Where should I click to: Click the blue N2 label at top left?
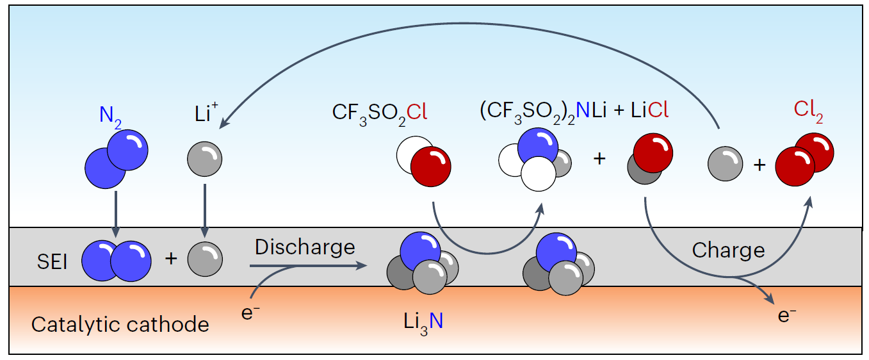pyautogui.click(x=110, y=116)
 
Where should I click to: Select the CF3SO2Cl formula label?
pyautogui.click(x=379, y=113)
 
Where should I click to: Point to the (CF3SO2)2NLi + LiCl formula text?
pyautogui.click(x=574, y=111)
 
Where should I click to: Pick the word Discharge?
pyautogui.click(x=305, y=247)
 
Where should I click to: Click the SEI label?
pyautogui.click(x=53, y=261)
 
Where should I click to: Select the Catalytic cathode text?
pyautogui.click(x=120, y=324)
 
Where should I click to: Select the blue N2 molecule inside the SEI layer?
pyautogui.click(x=117, y=259)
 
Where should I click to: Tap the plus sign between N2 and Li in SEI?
pyautogui.click(x=170, y=259)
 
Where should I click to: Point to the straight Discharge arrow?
pyautogui.click(x=301, y=265)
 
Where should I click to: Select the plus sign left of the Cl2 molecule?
pyautogui.click(x=759, y=165)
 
